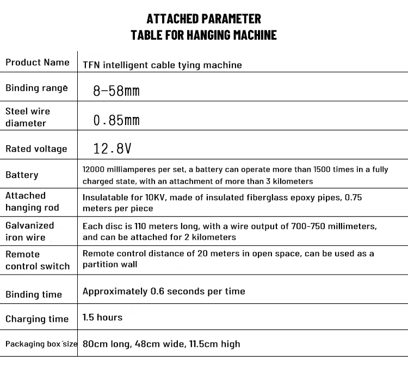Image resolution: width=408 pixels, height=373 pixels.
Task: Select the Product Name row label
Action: [38, 63]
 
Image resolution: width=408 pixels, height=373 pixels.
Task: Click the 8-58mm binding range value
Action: [116, 91]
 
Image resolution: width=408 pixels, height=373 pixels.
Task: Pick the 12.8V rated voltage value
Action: [112, 148]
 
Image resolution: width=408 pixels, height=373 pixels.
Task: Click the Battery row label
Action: [22, 175]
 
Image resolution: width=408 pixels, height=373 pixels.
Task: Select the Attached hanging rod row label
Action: [32, 202]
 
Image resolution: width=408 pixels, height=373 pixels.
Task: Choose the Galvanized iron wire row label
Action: [29, 231]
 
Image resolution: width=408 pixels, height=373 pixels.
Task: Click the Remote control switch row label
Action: [38, 260]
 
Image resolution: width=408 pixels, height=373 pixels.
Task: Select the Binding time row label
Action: [34, 295]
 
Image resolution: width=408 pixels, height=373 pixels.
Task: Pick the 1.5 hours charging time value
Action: [102, 317]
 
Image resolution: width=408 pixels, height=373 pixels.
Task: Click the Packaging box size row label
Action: [41, 344]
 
